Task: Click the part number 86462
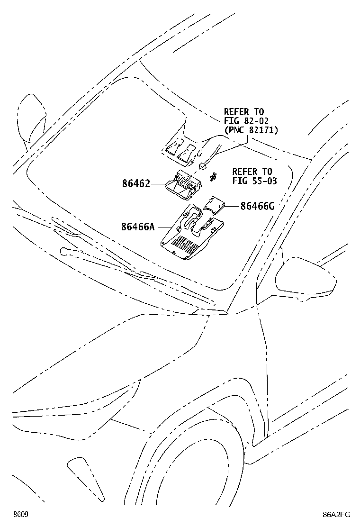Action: (x=136, y=184)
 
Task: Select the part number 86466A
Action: (x=138, y=227)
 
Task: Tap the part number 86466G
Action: (x=258, y=206)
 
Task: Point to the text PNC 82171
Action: (x=251, y=130)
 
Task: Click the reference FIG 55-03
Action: (x=254, y=181)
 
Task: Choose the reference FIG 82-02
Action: (x=246, y=121)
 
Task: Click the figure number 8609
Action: (x=20, y=515)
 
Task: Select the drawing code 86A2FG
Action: (x=336, y=515)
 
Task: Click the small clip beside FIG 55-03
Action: (x=213, y=176)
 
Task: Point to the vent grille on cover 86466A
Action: (x=185, y=245)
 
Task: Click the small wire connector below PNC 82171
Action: (x=203, y=166)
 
